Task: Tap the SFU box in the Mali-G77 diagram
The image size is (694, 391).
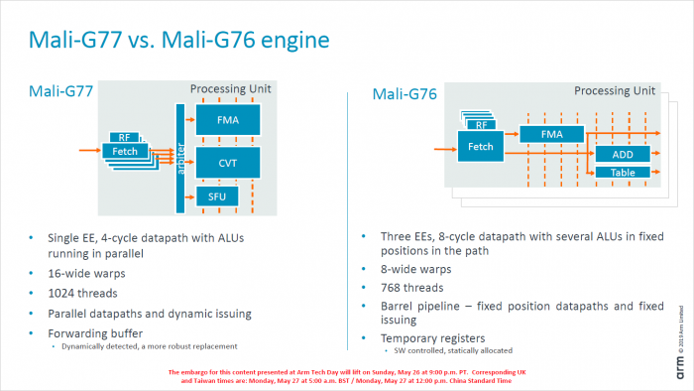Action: [x=218, y=196]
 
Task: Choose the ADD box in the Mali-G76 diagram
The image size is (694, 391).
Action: [x=623, y=154]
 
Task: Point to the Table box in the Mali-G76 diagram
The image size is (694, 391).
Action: [x=623, y=173]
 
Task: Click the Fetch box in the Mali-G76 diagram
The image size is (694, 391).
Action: [x=481, y=147]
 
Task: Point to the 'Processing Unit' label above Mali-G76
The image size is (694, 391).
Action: [x=614, y=89]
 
